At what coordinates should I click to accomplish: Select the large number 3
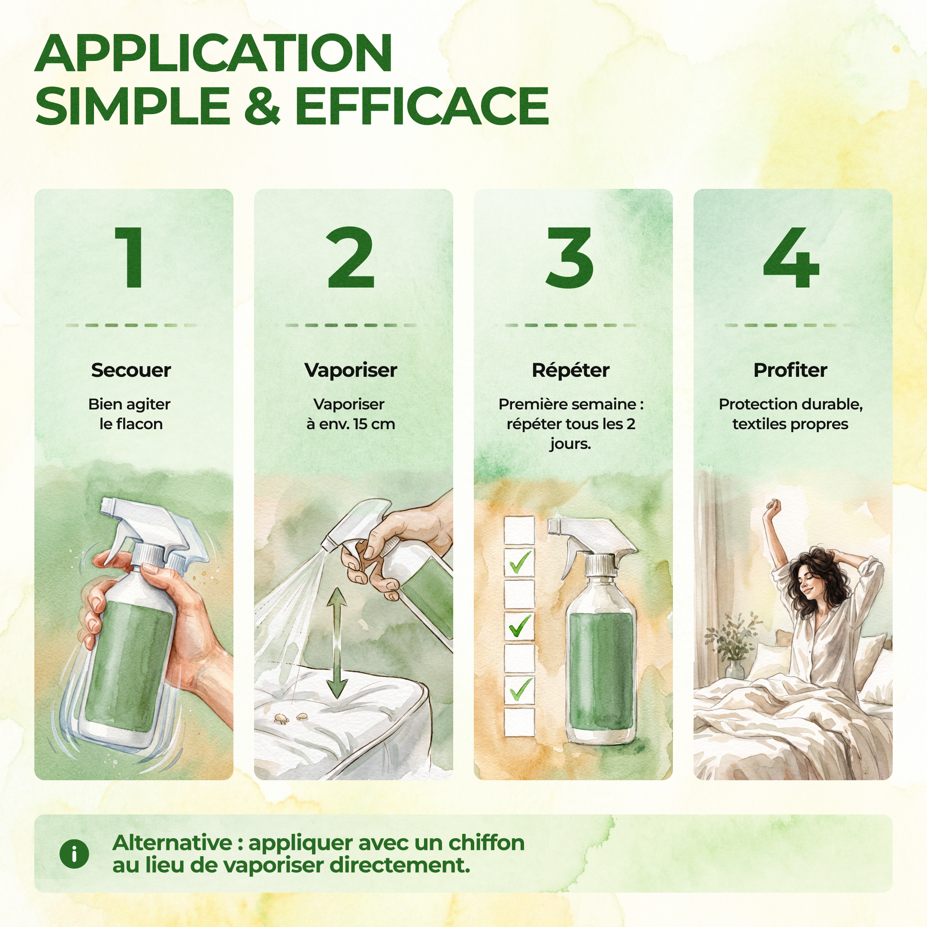(x=570, y=257)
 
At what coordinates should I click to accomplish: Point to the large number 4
(x=791, y=257)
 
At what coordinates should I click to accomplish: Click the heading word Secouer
(x=131, y=370)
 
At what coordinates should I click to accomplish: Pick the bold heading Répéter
(x=570, y=370)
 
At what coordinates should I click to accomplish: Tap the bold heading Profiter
(x=790, y=370)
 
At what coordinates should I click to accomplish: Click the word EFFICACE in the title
(x=422, y=106)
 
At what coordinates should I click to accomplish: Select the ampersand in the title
(x=262, y=106)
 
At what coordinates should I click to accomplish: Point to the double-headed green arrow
(x=337, y=642)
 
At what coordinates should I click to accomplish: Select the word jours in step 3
(x=570, y=444)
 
